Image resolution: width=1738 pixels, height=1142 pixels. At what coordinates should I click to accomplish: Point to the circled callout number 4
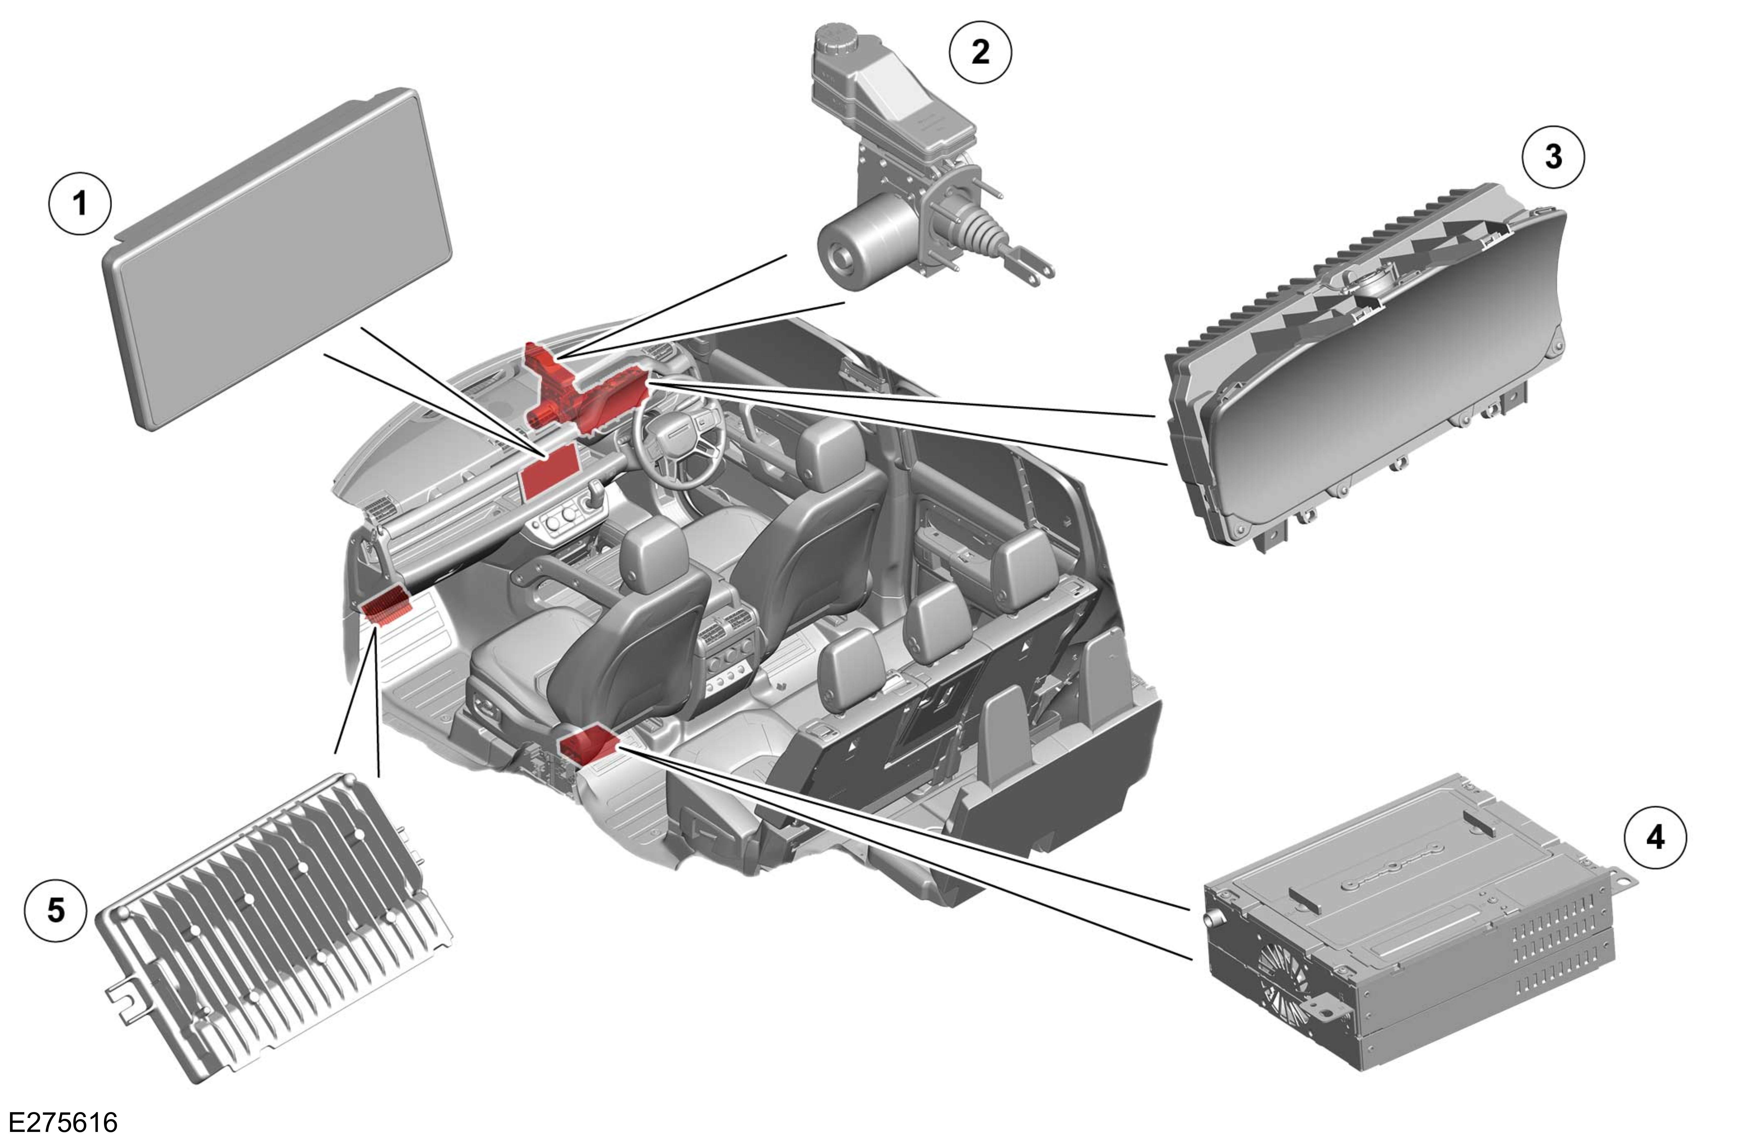click(1655, 838)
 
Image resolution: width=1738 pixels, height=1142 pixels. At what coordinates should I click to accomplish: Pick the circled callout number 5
click(56, 911)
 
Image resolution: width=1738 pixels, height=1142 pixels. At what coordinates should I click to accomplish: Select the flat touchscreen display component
click(278, 259)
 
